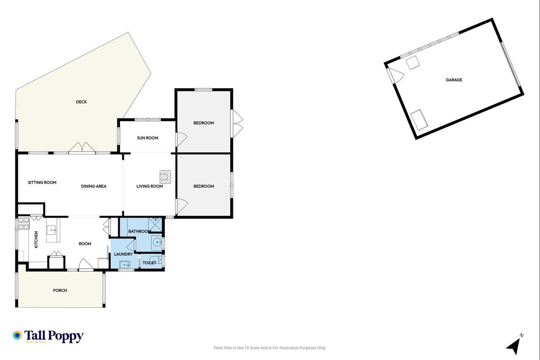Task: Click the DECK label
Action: point(81,102)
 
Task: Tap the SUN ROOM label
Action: point(147,138)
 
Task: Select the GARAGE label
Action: point(454,80)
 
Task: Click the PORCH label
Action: point(60,291)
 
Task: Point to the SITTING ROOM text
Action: point(42,183)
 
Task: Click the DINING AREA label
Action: point(94,186)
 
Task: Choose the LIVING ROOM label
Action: point(150,186)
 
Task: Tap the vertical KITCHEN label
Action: point(36,239)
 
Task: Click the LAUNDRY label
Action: point(124,254)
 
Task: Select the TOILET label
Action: point(149,263)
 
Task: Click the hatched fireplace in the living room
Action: point(165,177)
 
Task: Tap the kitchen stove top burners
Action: point(24,224)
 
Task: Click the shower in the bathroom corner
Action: point(155,225)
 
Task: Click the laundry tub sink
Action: point(125,265)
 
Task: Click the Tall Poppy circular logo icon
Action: point(18,335)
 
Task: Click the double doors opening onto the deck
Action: point(82,148)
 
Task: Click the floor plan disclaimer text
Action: point(270,348)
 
